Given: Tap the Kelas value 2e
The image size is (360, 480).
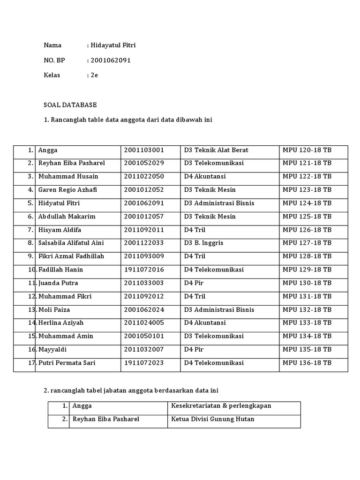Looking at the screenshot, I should click(x=94, y=75).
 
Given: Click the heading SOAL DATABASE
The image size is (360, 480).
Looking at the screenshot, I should click(x=70, y=105).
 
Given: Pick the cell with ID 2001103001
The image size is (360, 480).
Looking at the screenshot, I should click(x=144, y=150).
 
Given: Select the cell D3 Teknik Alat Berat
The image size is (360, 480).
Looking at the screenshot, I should click(x=216, y=150).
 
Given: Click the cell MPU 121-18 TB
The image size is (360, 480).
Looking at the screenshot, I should click(x=307, y=163).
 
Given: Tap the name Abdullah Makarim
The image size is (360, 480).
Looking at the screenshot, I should click(x=67, y=217).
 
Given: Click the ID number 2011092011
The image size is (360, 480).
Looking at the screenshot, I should click(x=144, y=230).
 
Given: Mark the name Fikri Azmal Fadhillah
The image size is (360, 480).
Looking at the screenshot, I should click(x=71, y=256).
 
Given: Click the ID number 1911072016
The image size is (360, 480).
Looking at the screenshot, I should click(x=144, y=270).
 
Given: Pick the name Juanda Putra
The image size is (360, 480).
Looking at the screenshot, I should click(x=58, y=283).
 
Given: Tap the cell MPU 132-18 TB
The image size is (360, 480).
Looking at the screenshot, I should click(x=307, y=309).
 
